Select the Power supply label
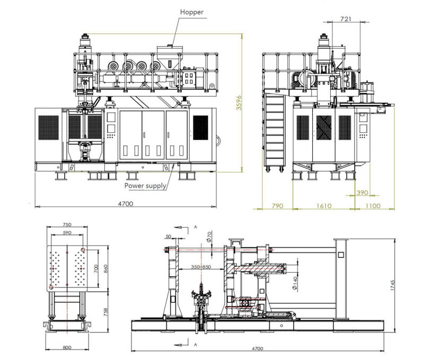[x=145, y=186]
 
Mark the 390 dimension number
[x=362, y=192]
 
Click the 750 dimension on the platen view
[x=67, y=224]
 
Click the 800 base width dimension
[x=67, y=348]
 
